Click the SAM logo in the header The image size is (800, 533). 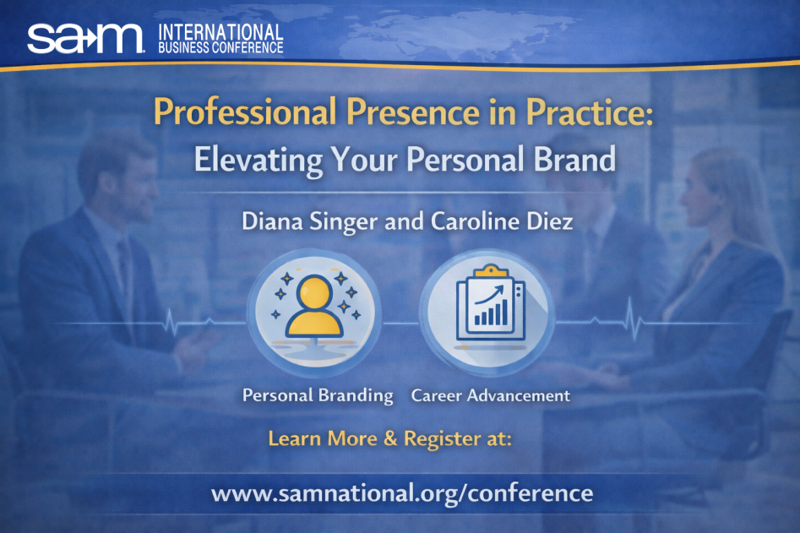(x=85, y=38)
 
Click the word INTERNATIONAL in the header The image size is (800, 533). (x=220, y=32)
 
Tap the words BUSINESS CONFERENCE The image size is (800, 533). (x=220, y=48)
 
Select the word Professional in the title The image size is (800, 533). (x=245, y=112)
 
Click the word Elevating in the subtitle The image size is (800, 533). (x=259, y=160)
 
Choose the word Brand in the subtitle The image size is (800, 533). (x=574, y=159)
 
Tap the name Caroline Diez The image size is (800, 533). (x=502, y=221)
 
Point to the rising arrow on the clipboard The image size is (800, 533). (x=489, y=295)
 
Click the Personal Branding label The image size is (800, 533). (x=318, y=396)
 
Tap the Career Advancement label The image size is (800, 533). (x=491, y=395)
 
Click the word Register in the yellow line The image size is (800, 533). (x=442, y=439)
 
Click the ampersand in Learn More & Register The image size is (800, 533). (x=390, y=438)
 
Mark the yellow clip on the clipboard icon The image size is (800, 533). (x=490, y=271)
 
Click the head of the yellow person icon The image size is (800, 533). (x=314, y=291)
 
